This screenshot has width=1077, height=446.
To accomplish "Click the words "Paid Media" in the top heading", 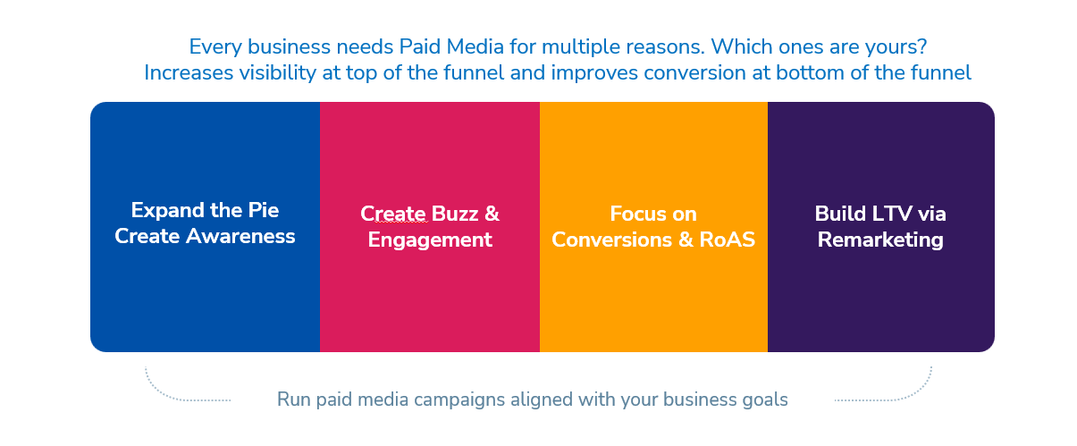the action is pos(451,46).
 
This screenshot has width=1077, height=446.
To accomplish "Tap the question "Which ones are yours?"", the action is pos(819,47).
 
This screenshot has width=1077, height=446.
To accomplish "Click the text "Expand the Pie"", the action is pos(205,211).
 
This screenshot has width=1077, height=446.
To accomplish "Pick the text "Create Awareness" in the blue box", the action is pos(205,237).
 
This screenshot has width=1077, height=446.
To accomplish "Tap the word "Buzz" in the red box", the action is pos(455,214).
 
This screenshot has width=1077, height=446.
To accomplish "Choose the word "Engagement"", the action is pos(430,240).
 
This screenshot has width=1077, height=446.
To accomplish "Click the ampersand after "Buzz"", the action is pos(492,214).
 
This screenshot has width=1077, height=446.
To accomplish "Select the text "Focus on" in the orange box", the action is pos(653,214).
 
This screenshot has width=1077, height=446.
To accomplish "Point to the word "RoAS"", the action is pos(727,240).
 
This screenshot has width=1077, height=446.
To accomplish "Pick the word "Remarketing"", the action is pos(880,240).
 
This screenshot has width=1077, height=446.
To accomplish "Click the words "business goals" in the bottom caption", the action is pos(725,400).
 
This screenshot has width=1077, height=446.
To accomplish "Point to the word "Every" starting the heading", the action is pos(215,47).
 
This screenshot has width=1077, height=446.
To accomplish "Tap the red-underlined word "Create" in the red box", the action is pos(393,215).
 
